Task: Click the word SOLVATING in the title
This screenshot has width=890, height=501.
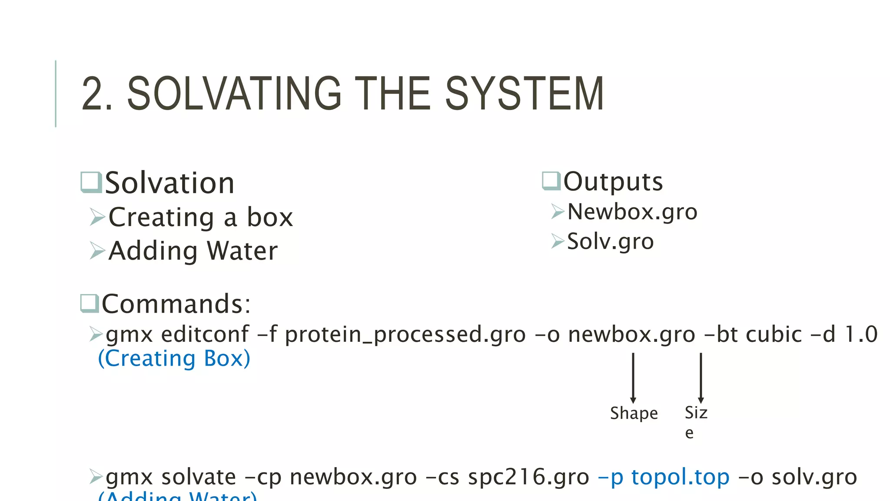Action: [234, 94]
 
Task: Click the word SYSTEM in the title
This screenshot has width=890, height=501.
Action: [525, 94]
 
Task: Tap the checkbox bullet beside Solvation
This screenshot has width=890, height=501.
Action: [91, 182]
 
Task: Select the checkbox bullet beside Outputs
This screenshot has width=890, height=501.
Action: [551, 181]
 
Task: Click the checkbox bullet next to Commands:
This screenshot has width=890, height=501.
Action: [90, 303]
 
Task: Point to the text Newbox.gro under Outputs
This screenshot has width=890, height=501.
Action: [632, 212]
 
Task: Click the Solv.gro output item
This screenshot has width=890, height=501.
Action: [610, 241]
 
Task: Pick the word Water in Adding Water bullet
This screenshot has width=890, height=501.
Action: [242, 251]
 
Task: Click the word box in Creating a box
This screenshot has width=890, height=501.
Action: [270, 217]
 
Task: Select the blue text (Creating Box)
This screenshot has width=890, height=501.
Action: [174, 359]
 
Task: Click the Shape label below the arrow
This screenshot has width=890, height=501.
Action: [634, 413]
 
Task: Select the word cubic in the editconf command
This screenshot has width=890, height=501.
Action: [774, 334]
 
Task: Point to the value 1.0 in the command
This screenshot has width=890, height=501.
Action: [861, 334]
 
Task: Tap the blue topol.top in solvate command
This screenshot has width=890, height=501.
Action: [680, 477]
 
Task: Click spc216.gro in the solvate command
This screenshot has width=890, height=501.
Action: [528, 477]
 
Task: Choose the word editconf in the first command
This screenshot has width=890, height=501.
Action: [205, 334]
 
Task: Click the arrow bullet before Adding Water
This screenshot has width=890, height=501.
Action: [97, 250]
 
